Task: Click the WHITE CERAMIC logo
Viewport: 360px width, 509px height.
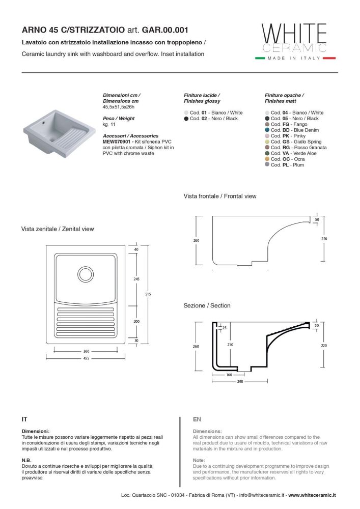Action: click(x=294, y=39)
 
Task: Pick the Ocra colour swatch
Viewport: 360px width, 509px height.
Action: click(x=267, y=159)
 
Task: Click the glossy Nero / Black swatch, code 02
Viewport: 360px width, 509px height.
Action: click(x=186, y=119)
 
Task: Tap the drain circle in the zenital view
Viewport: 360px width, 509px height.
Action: click(x=85, y=274)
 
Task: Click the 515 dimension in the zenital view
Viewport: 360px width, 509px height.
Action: click(x=148, y=294)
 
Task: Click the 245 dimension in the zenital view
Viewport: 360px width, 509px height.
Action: click(x=136, y=278)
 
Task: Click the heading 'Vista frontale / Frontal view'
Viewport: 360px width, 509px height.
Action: click(x=220, y=196)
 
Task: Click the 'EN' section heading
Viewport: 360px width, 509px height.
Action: click(x=198, y=419)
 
